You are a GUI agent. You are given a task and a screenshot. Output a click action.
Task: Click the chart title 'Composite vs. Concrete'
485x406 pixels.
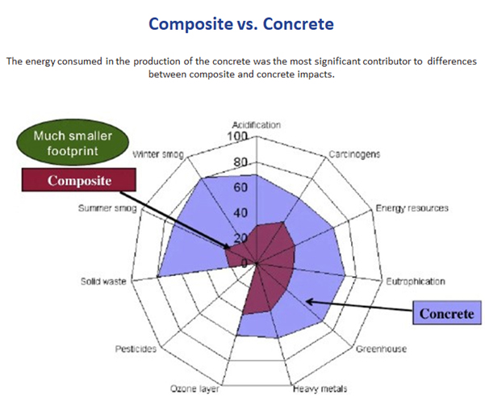(241, 24)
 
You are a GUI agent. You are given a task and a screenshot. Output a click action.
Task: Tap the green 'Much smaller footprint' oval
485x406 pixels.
(73, 144)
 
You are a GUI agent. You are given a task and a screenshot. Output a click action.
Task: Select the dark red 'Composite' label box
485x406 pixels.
(79, 180)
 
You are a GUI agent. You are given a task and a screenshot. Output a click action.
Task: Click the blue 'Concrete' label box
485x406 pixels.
(447, 313)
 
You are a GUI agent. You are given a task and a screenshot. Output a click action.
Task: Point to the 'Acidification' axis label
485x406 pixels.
(257, 125)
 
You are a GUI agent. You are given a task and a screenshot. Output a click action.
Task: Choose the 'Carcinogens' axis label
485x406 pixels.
(354, 154)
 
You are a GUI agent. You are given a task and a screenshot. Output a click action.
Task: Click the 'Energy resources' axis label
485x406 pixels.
(412, 208)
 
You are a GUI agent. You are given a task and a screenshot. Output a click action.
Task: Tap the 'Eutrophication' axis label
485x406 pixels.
(416, 282)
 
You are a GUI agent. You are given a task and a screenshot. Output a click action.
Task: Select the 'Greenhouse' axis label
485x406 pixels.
(381, 349)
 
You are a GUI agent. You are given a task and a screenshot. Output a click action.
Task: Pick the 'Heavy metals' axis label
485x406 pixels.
(320, 389)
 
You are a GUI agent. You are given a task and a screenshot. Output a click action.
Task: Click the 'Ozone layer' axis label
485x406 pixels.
(194, 389)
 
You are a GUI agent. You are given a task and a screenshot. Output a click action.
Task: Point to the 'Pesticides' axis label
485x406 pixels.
(136, 349)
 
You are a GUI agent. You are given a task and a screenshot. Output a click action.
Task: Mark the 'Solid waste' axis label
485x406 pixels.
(103, 281)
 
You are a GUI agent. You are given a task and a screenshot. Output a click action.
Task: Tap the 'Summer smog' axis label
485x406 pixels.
(107, 208)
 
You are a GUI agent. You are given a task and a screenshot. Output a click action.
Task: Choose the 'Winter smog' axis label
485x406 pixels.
(158, 154)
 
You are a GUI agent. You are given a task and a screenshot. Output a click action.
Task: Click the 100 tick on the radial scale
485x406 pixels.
(237, 136)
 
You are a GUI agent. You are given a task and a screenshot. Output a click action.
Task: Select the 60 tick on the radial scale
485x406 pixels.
(240, 187)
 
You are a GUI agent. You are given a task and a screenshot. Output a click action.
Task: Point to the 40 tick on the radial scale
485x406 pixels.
(240, 213)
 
